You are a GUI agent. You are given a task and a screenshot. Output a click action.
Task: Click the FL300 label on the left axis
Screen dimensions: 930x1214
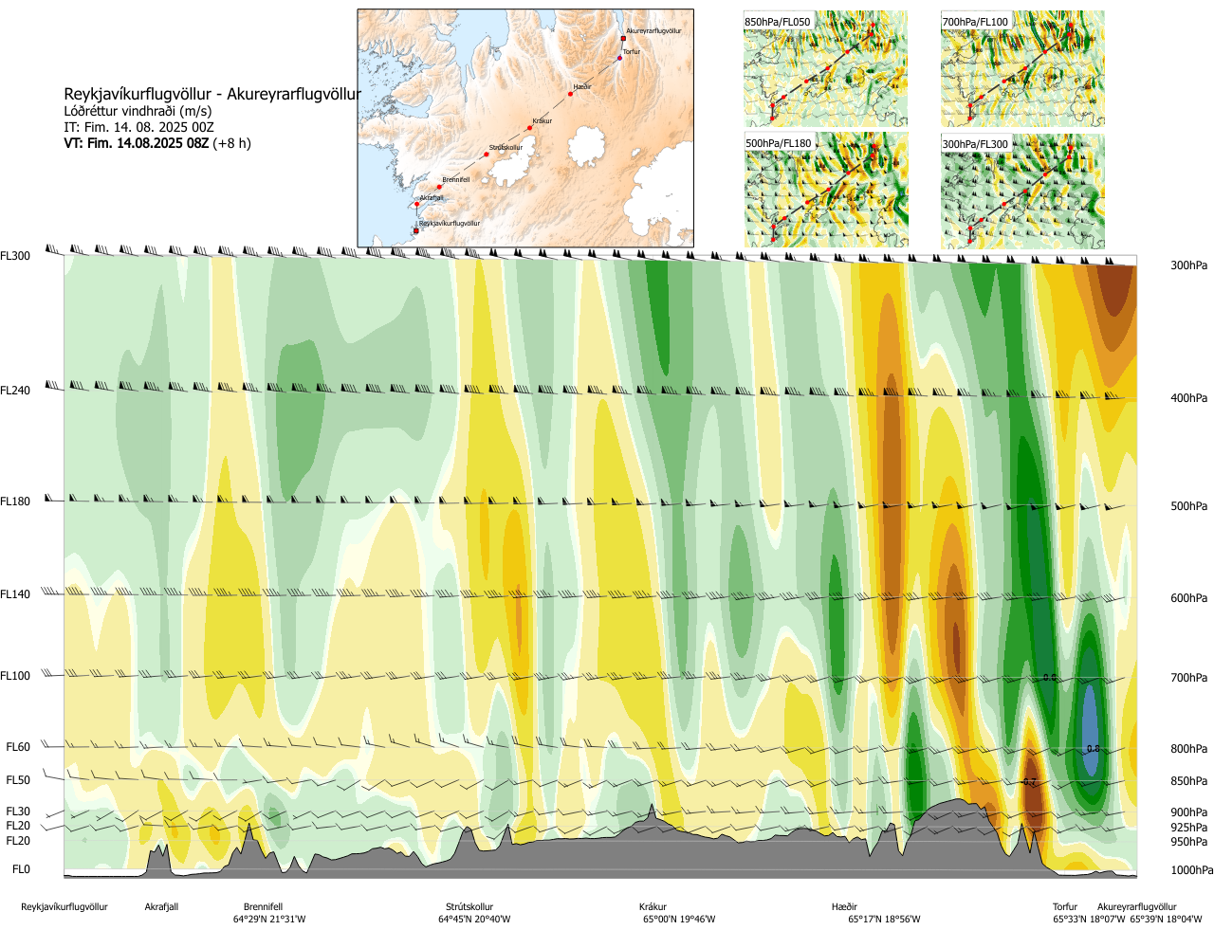click(15, 256)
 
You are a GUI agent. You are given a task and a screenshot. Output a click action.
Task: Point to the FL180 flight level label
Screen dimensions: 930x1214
click(15, 501)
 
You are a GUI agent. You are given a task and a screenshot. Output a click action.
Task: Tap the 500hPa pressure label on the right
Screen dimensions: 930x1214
click(1188, 506)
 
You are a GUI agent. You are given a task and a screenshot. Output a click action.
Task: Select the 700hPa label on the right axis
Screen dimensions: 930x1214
click(1188, 678)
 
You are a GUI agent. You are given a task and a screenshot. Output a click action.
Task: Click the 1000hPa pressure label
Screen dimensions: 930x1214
click(1191, 870)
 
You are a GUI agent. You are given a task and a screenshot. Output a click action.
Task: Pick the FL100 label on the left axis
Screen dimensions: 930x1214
click(15, 676)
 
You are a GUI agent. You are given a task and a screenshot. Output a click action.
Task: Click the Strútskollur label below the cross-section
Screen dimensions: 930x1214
click(469, 907)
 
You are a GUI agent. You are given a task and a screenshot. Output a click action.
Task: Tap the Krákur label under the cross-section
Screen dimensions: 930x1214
click(653, 907)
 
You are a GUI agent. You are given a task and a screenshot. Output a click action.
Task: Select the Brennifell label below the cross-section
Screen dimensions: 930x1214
click(263, 907)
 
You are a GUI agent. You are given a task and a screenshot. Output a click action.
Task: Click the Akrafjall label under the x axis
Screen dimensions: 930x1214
click(161, 907)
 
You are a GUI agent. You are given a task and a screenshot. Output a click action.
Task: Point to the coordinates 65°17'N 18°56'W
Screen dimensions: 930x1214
click(884, 920)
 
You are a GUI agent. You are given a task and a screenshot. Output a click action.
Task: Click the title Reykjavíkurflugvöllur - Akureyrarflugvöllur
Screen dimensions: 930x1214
click(212, 94)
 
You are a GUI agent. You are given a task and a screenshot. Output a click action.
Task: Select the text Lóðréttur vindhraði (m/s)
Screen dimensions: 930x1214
click(138, 111)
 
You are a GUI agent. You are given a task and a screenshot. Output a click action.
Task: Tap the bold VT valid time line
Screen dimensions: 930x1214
click(157, 143)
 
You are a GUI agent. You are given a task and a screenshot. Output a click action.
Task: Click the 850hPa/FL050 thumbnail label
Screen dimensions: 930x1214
click(778, 22)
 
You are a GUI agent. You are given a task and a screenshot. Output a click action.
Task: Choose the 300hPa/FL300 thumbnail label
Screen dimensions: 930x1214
click(975, 144)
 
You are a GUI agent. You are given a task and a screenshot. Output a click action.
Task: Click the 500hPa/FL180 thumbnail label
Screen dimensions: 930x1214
click(779, 144)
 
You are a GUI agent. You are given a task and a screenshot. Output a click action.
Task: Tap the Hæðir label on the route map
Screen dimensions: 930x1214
click(582, 87)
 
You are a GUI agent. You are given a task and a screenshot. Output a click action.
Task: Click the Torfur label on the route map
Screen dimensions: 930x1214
click(632, 52)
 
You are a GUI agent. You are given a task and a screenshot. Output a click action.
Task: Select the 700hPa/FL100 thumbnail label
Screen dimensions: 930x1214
click(975, 22)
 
